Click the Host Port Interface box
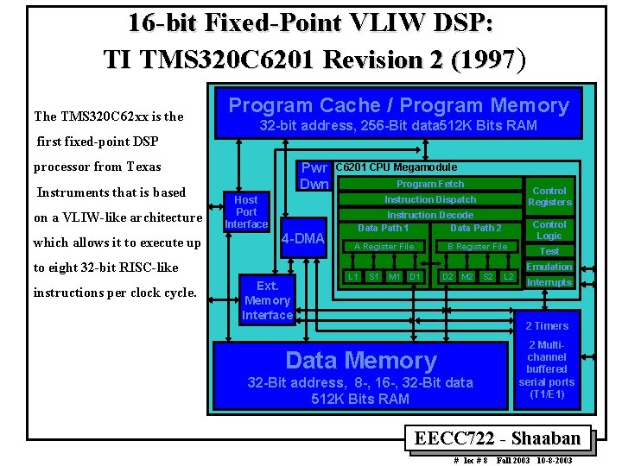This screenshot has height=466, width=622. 246,211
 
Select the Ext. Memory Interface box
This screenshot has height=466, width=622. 267,300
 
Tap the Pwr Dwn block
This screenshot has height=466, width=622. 314,176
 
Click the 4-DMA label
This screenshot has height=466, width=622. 303,238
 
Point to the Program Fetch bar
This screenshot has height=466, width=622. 429,184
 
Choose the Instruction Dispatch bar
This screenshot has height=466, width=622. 429,199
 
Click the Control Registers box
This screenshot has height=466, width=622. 549,197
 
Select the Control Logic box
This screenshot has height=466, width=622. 549,230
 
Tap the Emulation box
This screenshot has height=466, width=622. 549,267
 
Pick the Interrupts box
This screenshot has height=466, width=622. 549,282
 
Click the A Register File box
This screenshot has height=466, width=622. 384,247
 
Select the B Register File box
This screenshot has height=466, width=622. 477,247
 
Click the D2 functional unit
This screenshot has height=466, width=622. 447,276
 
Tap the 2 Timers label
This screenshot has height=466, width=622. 548,326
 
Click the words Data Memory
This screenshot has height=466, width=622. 361,360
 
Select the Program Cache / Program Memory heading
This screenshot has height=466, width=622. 398,105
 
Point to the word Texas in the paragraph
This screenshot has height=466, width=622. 143,167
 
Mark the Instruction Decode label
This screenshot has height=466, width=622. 429,215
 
